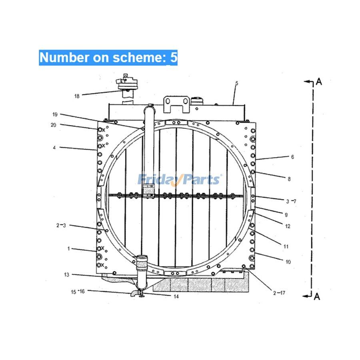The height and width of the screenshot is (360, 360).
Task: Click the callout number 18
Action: pyautogui.click(x=77, y=96)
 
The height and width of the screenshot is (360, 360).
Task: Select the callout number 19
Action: pyautogui.click(x=55, y=114)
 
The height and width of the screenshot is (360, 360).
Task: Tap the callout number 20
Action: pyautogui.click(x=53, y=125)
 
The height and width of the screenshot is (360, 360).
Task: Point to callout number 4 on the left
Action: pyautogui.click(x=54, y=148)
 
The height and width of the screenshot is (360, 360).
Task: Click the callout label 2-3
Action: pyautogui.click(x=61, y=226)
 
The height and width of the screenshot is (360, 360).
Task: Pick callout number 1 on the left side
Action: pyautogui.click(x=68, y=248)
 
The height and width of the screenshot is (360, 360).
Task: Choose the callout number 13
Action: pyautogui.click(x=66, y=274)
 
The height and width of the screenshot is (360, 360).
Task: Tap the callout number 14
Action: pyautogui.click(x=176, y=296)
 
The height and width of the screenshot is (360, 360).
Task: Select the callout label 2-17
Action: pyautogui.click(x=280, y=293)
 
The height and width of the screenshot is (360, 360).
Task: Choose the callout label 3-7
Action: pyautogui.click(x=291, y=201)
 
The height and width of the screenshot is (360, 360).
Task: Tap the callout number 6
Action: pyautogui.click(x=292, y=157)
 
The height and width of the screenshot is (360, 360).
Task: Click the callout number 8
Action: pyautogui.click(x=289, y=179)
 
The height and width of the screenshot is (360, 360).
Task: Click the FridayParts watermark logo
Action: pyautogui.click(x=180, y=179)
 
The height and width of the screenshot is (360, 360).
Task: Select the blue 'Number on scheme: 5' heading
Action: pyautogui.click(x=108, y=58)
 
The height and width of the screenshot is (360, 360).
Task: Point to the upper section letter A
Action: pyautogui.click(x=319, y=82)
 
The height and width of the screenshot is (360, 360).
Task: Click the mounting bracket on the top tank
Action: pyautogui.click(x=176, y=104)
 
